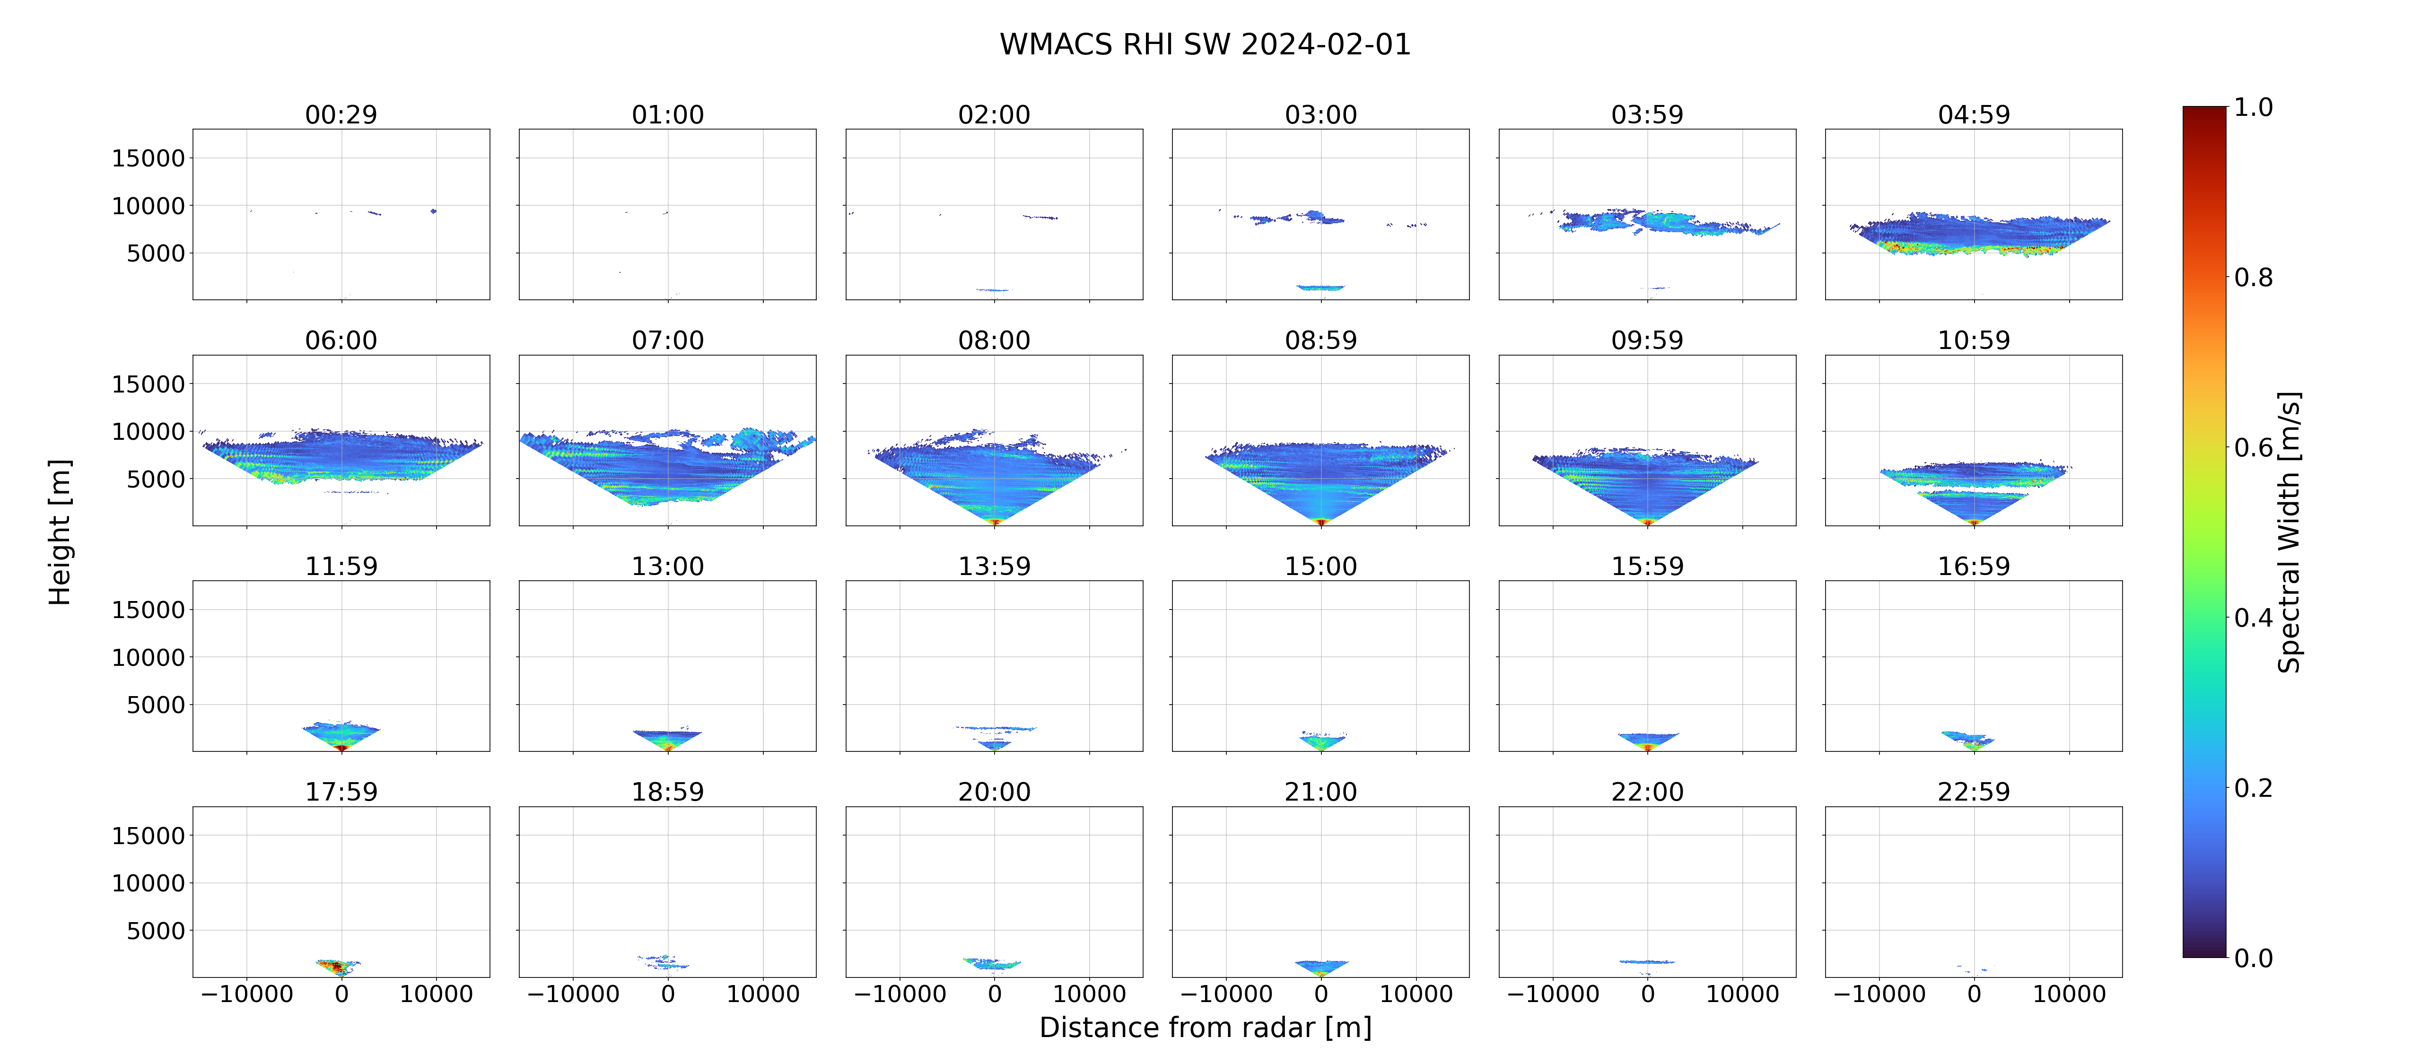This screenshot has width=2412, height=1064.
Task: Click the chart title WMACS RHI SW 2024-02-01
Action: (x=1205, y=44)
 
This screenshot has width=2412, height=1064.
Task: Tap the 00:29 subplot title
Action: (x=341, y=114)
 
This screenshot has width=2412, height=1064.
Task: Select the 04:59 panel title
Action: (x=1974, y=114)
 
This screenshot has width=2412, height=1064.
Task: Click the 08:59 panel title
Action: (x=1320, y=340)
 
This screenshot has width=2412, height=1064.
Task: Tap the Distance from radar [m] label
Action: (x=1205, y=1028)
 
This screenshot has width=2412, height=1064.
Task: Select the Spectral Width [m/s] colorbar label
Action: (x=2289, y=532)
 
